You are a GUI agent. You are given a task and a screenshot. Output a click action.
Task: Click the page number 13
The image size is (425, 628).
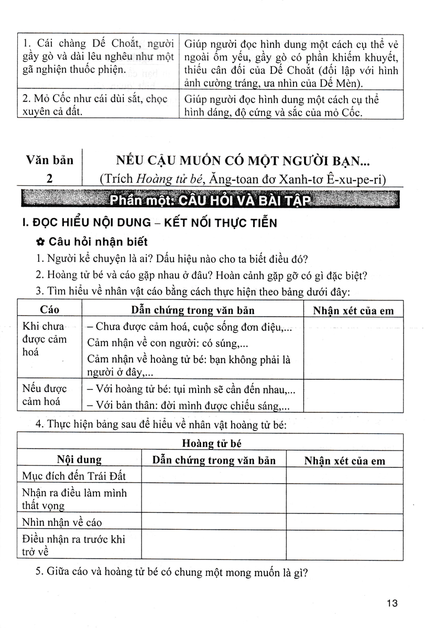(393, 603)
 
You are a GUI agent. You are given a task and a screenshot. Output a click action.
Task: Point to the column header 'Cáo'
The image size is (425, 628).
(50, 310)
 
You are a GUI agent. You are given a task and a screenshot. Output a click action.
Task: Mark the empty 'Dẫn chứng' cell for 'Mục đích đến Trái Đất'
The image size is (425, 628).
(213, 476)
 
